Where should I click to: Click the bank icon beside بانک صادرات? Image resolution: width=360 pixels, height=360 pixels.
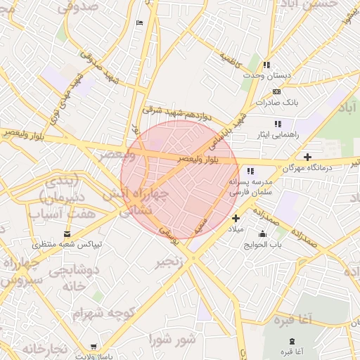[276, 91]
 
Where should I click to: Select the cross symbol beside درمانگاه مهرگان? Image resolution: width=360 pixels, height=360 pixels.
[307, 156]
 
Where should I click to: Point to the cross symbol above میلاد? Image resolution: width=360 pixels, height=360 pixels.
[236, 218]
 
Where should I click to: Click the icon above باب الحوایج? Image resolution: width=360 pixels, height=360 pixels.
[263, 234]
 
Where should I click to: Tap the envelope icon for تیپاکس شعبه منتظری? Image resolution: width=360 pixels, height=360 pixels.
[67, 233]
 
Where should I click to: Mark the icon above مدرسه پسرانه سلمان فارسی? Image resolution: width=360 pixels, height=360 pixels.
[250, 171]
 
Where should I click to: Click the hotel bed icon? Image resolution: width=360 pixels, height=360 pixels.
[139, 23]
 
